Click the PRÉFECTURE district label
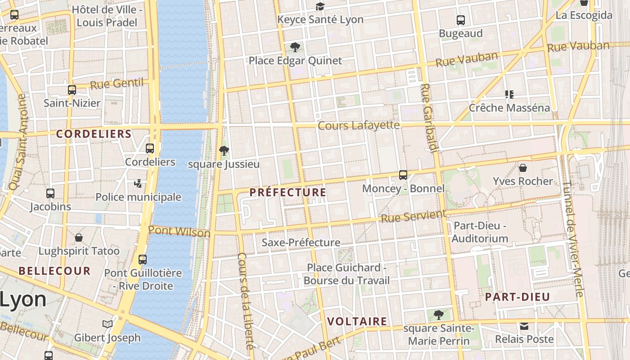pos(288,193)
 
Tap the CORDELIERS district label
pos(94,134)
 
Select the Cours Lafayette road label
pos(359,125)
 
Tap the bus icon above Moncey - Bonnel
pos(403,175)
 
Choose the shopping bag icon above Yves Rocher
pos(523,168)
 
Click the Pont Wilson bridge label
pos(179,231)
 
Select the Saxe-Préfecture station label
pos(301,243)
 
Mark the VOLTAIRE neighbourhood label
pos(357,321)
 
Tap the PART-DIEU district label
pos(517,297)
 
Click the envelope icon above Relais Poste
pos(524,326)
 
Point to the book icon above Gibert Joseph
pos(107,324)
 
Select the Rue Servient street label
pos(414,216)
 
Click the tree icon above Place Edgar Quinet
pos(295,47)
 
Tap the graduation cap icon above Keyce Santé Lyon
pos(320,6)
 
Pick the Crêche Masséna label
pos(509,108)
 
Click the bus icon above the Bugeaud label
pos(461,20)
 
